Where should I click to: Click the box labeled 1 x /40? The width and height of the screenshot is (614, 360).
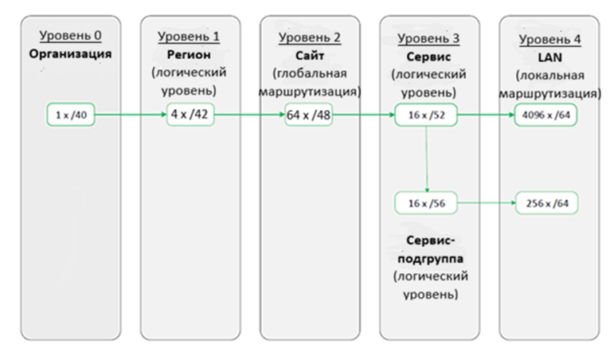pos(71,115)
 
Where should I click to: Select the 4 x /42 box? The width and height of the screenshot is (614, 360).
pos(188,114)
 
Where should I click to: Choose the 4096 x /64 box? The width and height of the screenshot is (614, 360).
pos(546,115)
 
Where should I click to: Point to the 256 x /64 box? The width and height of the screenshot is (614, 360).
pos(546,203)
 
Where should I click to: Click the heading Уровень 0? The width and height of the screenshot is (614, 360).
pos(70,36)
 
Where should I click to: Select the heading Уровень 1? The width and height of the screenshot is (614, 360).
pos(189,37)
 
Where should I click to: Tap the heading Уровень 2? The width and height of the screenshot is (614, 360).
pos(310,37)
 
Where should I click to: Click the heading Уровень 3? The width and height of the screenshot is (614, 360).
pos(428,37)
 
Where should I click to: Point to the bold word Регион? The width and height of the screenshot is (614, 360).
pos(189,54)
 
